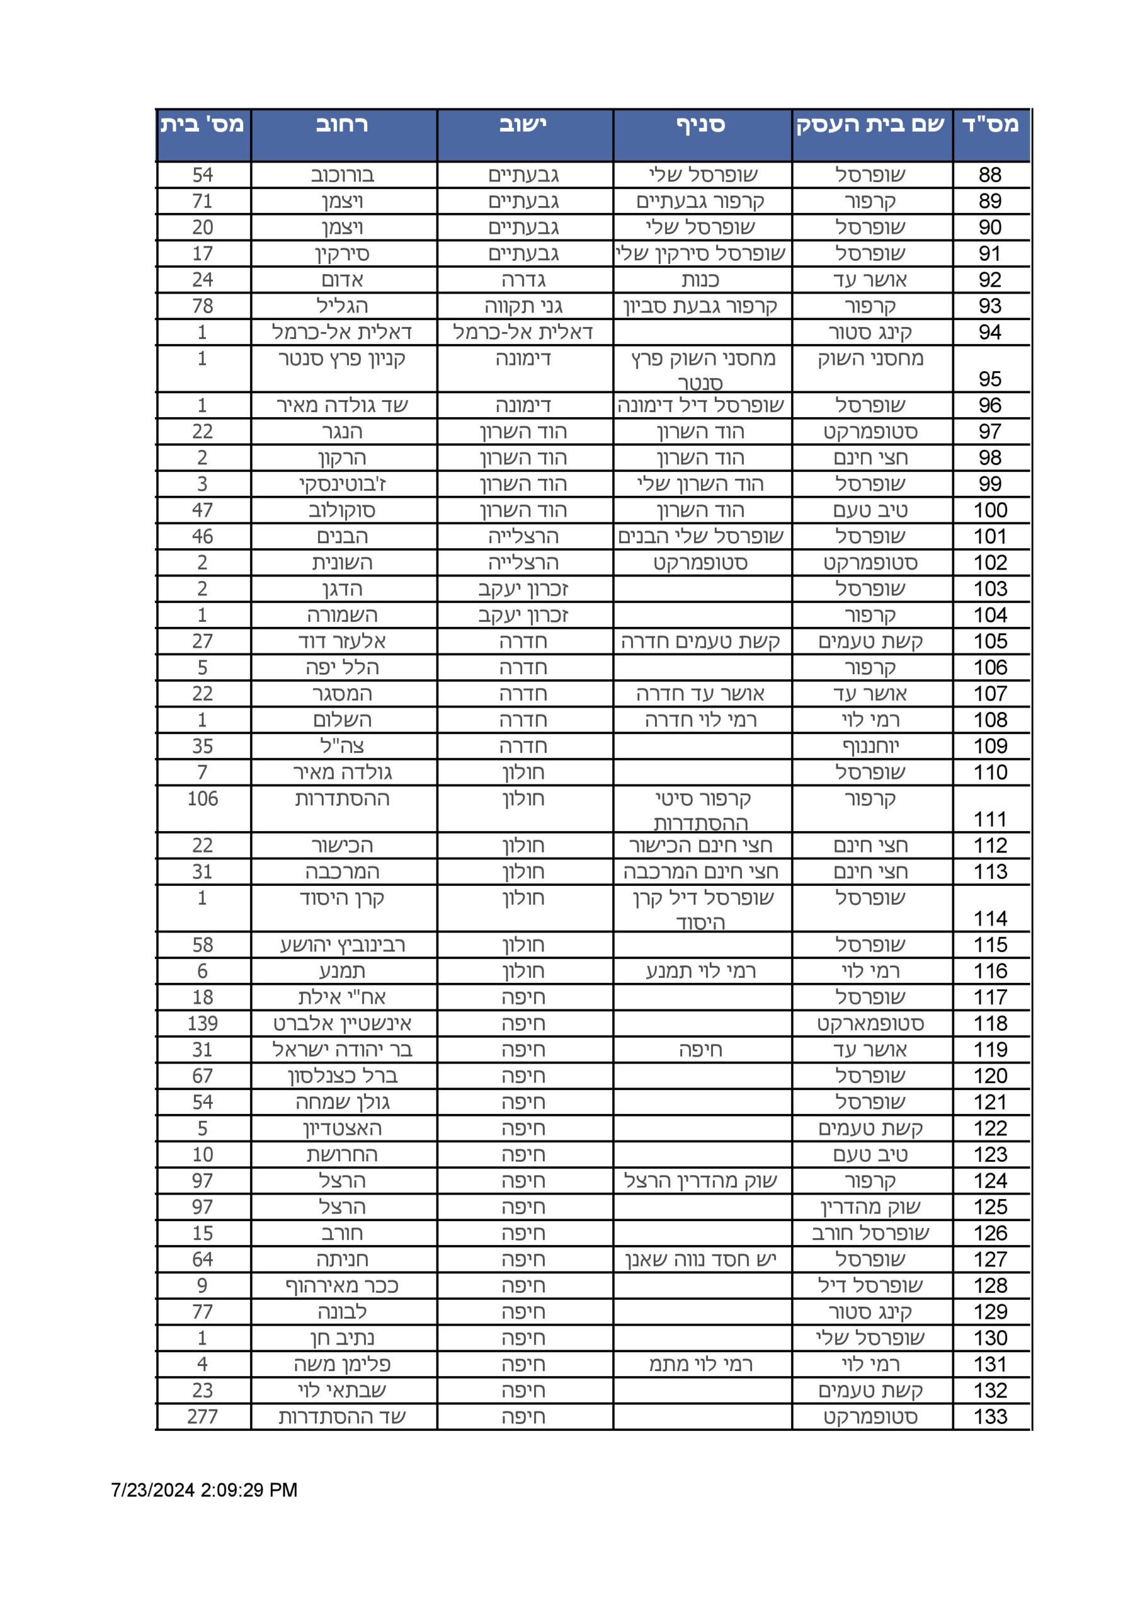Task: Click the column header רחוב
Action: [342, 125]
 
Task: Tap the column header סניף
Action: [701, 125]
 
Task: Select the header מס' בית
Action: [202, 125]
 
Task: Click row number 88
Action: [989, 175]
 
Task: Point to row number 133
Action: [990, 1417]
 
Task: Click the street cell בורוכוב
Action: [342, 175]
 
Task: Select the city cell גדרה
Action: [523, 280]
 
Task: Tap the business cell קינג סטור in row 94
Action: [870, 332]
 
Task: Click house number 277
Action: [202, 1417]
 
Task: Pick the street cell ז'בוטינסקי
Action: [342, 484]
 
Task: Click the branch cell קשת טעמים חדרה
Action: [700, 641]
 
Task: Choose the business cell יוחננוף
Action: [870, 746]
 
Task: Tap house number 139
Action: [202, 1024]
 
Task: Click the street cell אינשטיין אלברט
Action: [342, 1024]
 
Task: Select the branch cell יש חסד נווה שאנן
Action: [700, 1260]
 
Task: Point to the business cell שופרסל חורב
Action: [870, 1233]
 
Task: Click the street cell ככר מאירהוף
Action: [342, 1285]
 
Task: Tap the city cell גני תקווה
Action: [523, 306]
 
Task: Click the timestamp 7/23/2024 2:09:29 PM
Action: [205, 1490]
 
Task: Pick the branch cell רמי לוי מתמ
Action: [700, 1364]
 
